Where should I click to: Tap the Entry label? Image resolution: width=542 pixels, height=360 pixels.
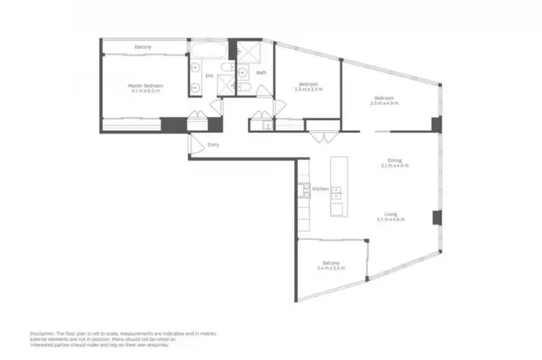click(x=213, y=145)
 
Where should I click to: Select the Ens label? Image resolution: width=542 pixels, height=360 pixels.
click(x=210, y=75)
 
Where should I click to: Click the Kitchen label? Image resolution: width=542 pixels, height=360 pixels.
click(x=320, y=189)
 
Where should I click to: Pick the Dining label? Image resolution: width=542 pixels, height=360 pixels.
click(x=395, y=160)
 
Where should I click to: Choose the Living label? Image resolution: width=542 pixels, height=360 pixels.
click(x=390, y=215)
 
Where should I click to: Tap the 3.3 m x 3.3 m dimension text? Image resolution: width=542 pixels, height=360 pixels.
click(x=309, y=89)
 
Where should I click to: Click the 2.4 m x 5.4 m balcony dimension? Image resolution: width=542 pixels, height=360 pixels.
click(x=331, y=268)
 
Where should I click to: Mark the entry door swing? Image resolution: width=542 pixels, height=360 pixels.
click(x=195, y=145)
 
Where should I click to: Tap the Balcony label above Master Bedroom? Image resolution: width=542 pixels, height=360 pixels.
click(x=143, y=48)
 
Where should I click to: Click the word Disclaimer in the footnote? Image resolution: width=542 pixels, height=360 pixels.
click(x=43, y=333)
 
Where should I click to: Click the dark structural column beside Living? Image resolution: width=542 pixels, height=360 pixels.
click(x=436, y=217)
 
